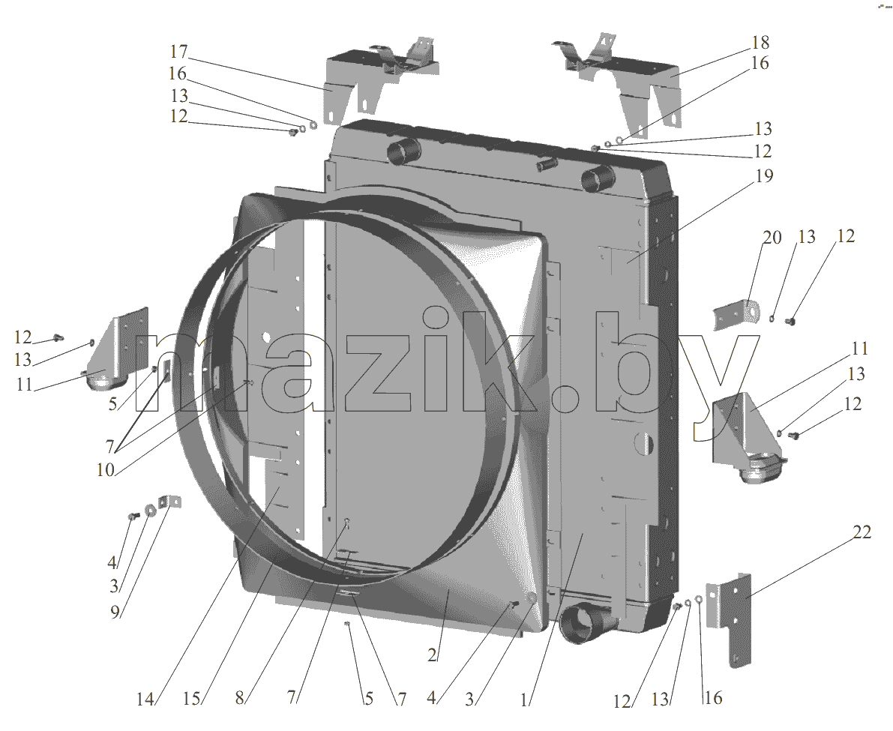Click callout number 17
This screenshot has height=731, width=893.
point(178,52)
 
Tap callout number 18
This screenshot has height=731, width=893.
point(760,43)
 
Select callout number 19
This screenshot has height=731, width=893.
point(764,176)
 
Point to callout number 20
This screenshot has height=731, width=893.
point(772,237)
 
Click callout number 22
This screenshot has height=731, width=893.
point(862,532)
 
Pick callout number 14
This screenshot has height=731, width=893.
point(145,699)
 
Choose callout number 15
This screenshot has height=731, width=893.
point(192,698)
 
